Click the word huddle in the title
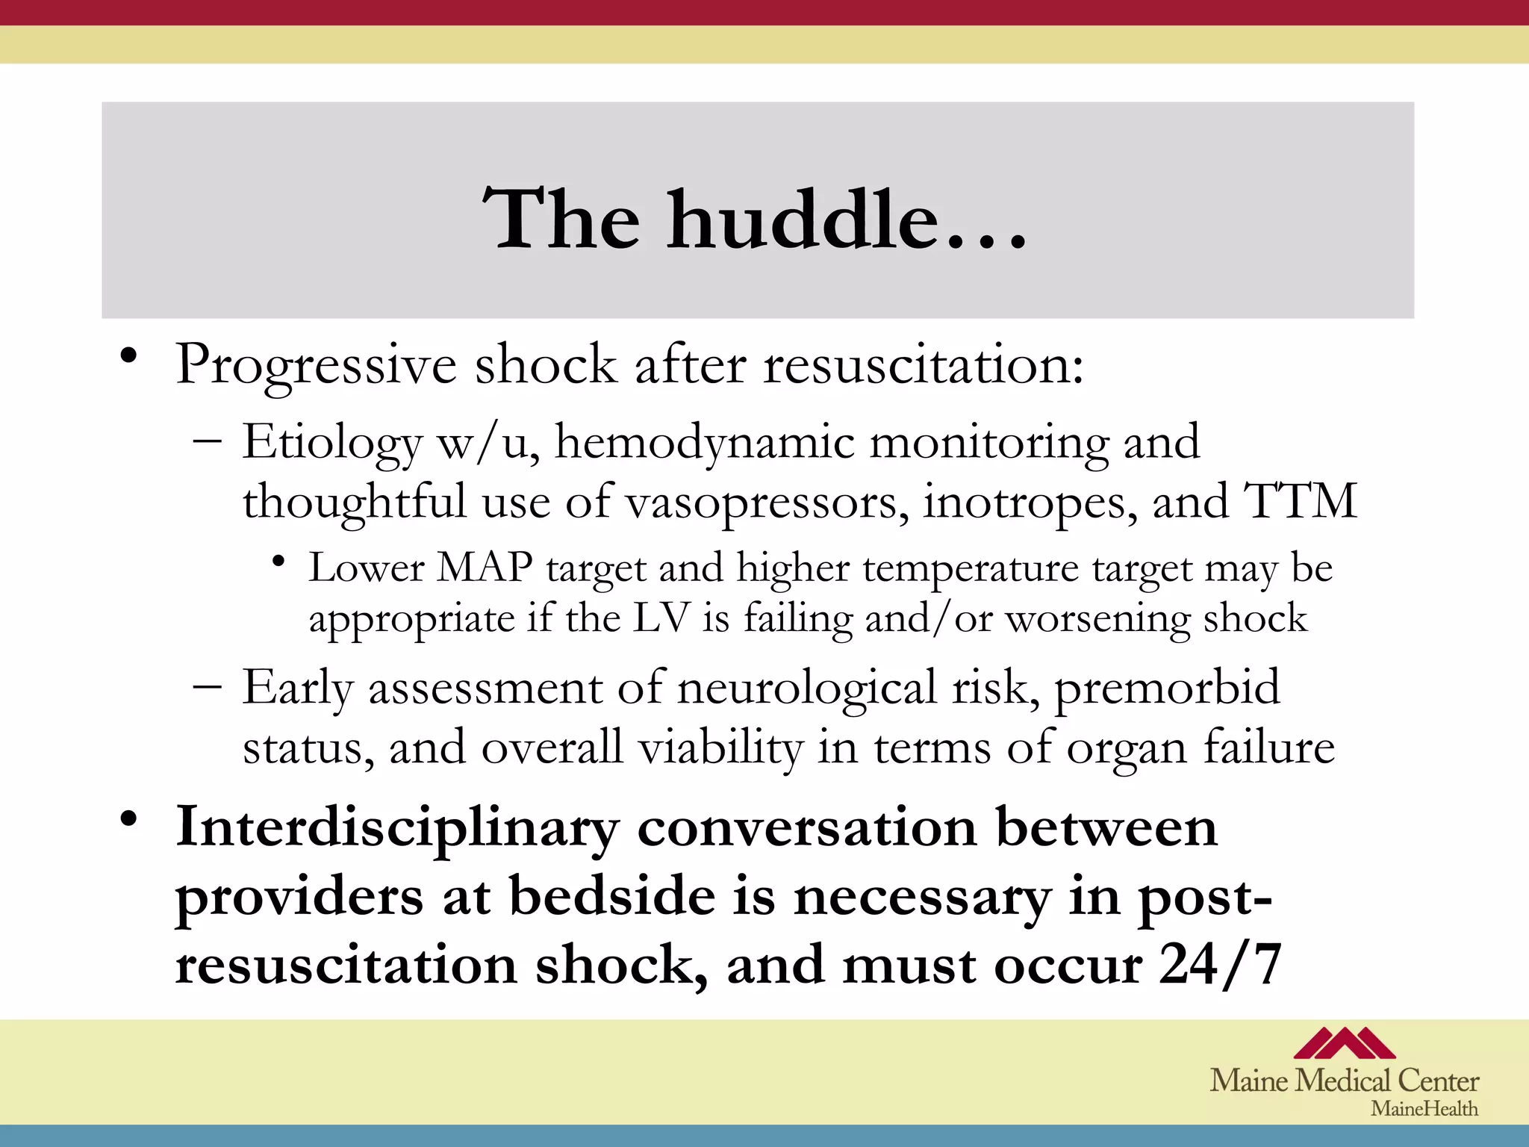pyautogui.click(x=803, y=220)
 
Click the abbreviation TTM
pyautogui.click(x=1299, y=501)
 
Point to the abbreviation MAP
pyautogui.click(x=485, y=568)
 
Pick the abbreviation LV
pyautogui.click(x=660, y=618)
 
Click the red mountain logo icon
pyautogui.click(x=1344, y=1043)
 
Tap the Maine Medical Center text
pyautogui.click(x=1344, y=1081)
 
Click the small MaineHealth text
pyautogui.click(x=1424, y=1109)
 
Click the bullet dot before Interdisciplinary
pyautogui.click(x=129, y=819)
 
